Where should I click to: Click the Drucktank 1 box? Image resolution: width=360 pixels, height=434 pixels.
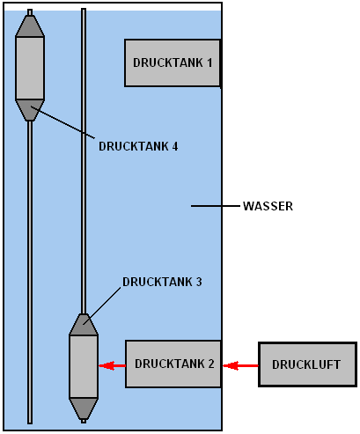tap(173, 63)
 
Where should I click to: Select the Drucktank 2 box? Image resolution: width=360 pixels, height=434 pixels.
tap(173, 364)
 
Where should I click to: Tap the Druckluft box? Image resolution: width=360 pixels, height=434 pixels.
tap(307, 364)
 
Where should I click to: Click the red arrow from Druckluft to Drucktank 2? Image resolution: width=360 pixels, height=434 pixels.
tap(240, 365)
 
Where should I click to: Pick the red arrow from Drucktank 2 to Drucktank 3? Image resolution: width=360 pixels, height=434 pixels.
tap(112, 365)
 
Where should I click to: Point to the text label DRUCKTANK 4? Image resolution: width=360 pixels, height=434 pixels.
tap(138, 146)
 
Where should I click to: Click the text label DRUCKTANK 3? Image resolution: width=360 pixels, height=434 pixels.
tap(162, 282)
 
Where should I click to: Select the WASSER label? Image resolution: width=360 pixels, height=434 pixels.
tap(268, 206)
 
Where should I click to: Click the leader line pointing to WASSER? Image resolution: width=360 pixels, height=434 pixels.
tap(216, 206)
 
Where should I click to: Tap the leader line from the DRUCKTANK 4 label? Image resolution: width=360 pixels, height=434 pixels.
tap(62, 122)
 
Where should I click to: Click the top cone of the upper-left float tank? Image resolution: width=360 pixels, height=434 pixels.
tap(30, 26)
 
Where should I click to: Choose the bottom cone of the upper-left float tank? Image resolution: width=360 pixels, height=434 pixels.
tap(30, 110)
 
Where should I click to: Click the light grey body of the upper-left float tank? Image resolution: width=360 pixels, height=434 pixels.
tap(30, 68)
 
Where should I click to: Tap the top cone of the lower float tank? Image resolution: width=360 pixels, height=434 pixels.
tap(84, 325)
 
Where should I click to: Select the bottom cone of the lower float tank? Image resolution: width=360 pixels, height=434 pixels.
tap(84, 408)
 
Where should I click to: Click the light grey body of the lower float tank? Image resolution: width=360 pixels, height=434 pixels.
tap(84, 367)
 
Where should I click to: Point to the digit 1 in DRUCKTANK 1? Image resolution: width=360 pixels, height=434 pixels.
tap(209, 63)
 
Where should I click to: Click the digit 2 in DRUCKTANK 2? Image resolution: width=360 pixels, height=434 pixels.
tap(211, 364)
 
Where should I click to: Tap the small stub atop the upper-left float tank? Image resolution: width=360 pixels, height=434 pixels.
tap(30, 12)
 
